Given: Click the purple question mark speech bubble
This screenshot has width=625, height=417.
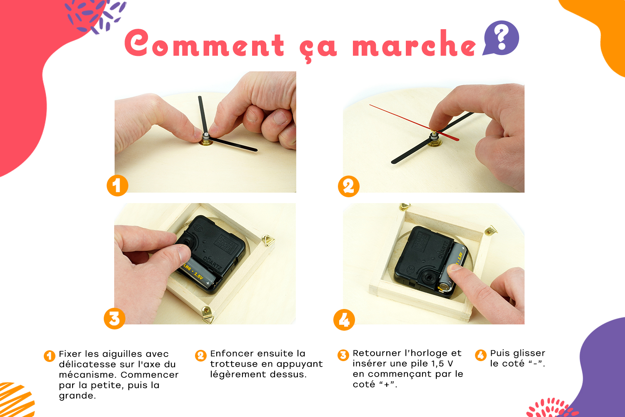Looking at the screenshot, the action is coord(501,38).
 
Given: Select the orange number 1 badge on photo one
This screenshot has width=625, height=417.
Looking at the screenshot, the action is coord(117,186).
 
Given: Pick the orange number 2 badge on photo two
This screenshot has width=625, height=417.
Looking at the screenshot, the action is coord(348,186).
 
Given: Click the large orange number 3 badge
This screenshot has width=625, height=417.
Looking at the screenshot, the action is coord(115,319).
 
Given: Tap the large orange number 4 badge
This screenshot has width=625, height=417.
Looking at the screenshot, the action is coord(344,320).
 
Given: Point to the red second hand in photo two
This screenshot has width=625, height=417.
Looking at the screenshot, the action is coord(414,123).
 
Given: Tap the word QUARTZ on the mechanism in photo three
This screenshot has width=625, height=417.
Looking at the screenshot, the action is coord(212,264).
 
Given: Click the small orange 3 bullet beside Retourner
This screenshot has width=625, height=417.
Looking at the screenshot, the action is coord(343,355).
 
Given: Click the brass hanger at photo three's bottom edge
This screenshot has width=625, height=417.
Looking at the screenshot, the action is coord(207,314).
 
